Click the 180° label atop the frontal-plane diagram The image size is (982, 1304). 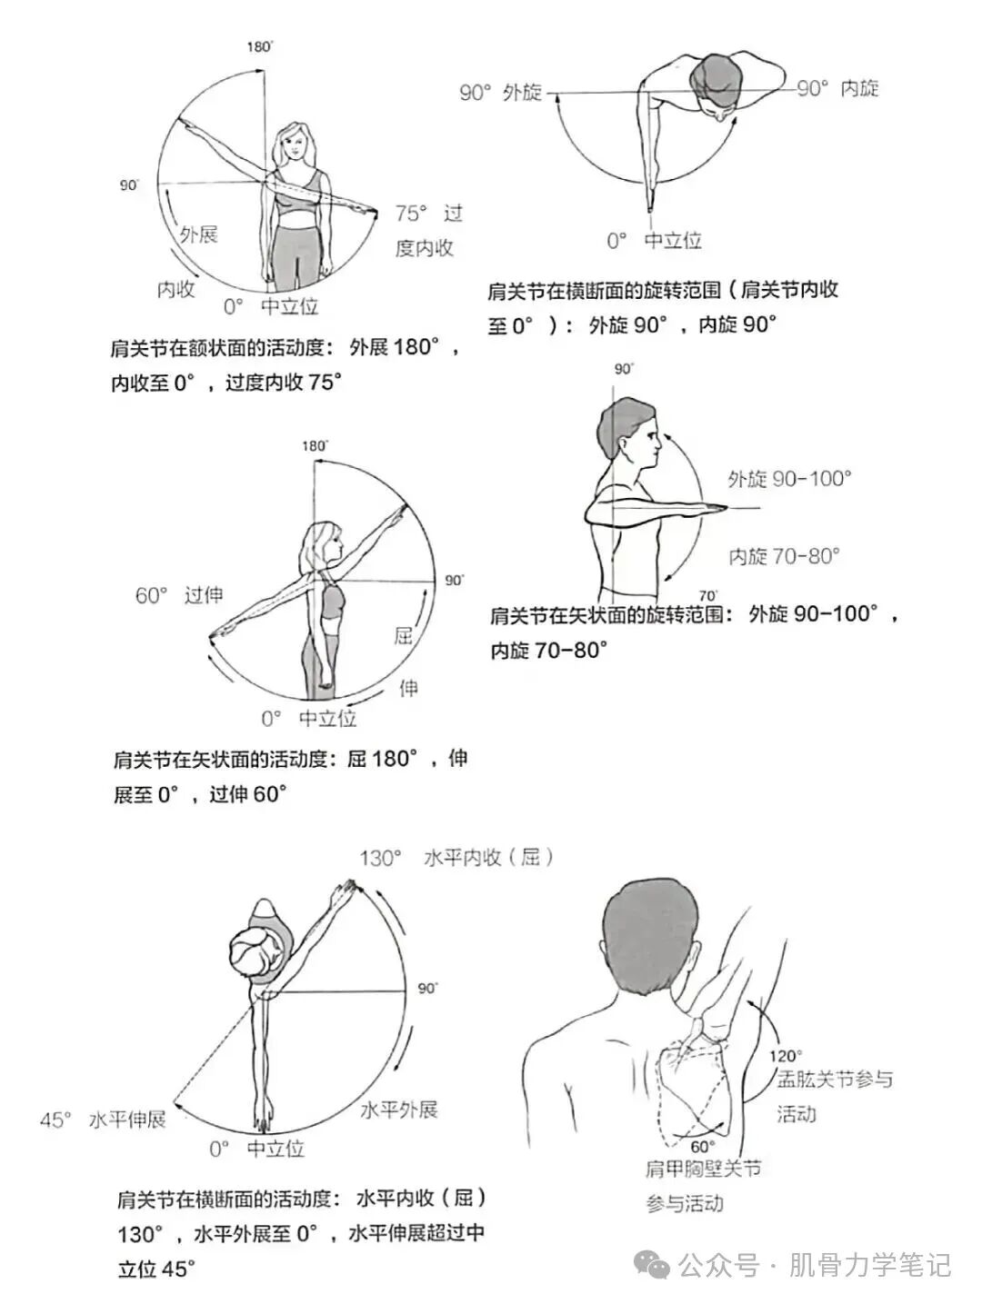pyautogui.click(x=259, y=46)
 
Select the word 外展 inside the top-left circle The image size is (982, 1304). pyautogui.click(x=198, y=234)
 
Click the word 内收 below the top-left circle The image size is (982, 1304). pyautogui.click(x=175, y=290)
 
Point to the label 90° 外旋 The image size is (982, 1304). pyautogui.click(x=500, y=92)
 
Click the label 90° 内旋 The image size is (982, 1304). pyautogui.click(x=837, y=88)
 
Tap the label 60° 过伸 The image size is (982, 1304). pyautogui.click(x=179, y=595)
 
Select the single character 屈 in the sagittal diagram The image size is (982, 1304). pyautogui.click(x=404, y=635)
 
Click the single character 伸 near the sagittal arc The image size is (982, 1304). pyautogui.click(x=409, y=689)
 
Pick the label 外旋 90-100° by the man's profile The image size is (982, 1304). pyautogui.click(x=788, y=479)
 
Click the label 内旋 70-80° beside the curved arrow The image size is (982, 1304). pyautogui.click(x=784, y=556)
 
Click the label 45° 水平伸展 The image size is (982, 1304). pyautogui.click(x=103, y=1120)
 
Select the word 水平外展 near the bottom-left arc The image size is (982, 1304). pyautogui.click(x=399, y=1110)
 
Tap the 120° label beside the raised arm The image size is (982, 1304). pyautogui.click(x=785, y=1056)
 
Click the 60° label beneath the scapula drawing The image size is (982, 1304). pyautogui.click(x=703, y=1147)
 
